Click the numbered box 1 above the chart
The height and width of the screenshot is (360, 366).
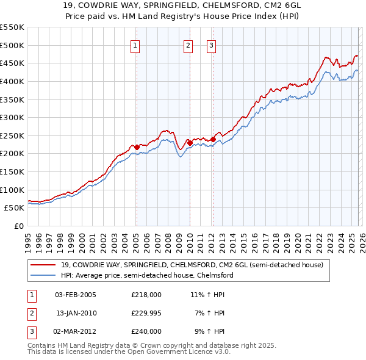tap(134, 45)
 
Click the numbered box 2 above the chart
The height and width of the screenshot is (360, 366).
tap(188, 45)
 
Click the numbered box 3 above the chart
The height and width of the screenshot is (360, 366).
tap(211, 45)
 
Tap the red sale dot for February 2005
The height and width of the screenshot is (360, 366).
tap(137, 146)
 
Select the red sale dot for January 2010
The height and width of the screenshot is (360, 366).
tap(190, 143)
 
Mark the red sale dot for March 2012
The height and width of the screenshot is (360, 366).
tap(213, 139)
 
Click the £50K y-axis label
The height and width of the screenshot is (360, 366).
tap(15, 208)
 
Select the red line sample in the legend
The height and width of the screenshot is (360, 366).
tap(43, 265)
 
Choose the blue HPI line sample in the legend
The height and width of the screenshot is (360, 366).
tap(43, 275)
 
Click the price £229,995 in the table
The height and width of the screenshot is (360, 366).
tap(146, 313)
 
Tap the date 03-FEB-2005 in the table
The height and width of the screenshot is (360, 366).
tap(76, 295)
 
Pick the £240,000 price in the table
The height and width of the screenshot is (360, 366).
tap(146, 331)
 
